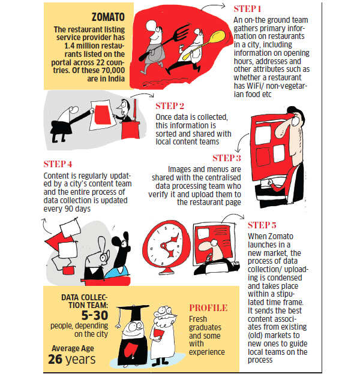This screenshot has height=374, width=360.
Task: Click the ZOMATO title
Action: pyautogui.click(x=108, y=17)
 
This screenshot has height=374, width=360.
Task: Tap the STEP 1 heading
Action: pyautogui.click(x=247, y=9)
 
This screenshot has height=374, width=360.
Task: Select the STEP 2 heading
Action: pyautogui.click(x=170, y=106)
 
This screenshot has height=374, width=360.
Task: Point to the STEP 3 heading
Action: pyautogui.click(x=227, y=158)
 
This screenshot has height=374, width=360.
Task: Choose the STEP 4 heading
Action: pyautogui.click(x=58, y=164)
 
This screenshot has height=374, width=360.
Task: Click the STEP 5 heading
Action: pyautogui.click(x=262, y=225)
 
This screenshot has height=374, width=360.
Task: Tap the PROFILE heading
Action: pyautogui.click(x=208, y=308)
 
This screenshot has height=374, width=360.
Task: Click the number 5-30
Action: pyautogui.click(x=95, y=315)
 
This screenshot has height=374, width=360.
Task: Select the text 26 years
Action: pyautogui.click(x=72, y=359)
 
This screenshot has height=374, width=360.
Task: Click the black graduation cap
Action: pyautogui.click(x=133, y=311)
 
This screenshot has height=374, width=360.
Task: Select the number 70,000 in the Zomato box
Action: pyautogui.click(x=113, y=70)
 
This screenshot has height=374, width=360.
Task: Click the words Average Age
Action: pyautogui.click(x=73, y=348)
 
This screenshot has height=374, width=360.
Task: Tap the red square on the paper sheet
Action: pyautogui.click(x=103, y=115)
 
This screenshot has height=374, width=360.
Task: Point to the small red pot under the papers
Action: pyautogui.click(x=68, y=270)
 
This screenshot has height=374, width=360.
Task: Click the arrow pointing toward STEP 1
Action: pyautogui.click(x=213, y=6)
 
